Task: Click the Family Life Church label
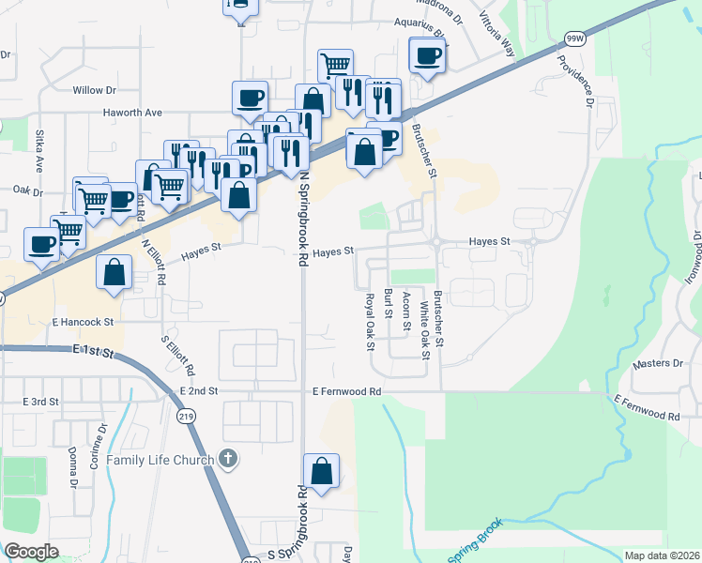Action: pos(159,460)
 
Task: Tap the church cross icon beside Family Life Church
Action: pos(226,459)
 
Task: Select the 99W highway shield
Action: pos(575,38)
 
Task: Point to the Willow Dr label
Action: pos(93,91)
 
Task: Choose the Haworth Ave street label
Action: pos(132,113)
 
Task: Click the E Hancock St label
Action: pos(83,321)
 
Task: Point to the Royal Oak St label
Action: pos(370,321)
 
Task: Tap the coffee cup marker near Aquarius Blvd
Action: pos(427,55)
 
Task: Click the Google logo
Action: pos(32,552)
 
